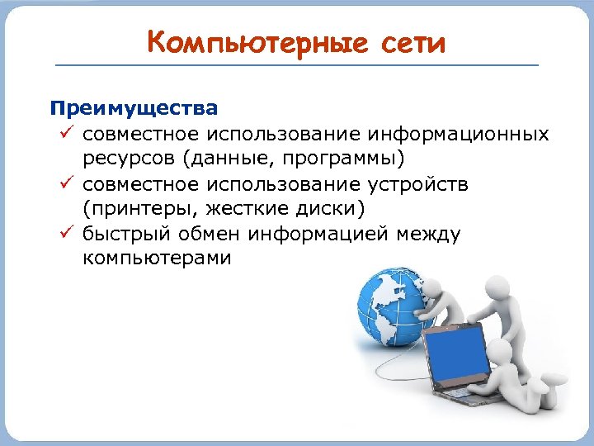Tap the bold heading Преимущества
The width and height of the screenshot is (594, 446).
coord(134,109)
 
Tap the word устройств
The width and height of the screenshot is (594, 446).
coord(422,184)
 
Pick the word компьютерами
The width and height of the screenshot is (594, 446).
coord(158,259)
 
